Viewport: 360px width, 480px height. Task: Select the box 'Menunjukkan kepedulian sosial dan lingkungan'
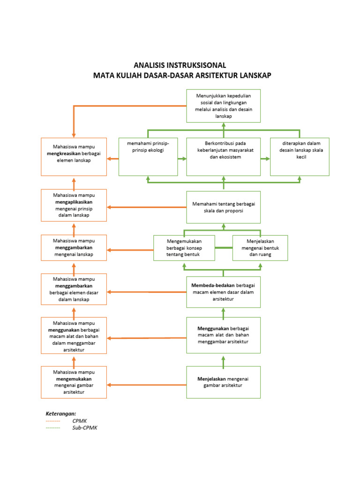click(223, 106)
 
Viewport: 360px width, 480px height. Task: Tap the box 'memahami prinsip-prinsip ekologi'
click(148, 157)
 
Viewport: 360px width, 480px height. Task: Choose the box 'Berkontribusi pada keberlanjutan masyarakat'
click(223, 157)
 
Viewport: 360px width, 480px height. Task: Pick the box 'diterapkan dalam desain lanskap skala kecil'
click(300, 157)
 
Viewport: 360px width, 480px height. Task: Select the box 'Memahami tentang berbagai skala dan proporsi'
click(223, 207)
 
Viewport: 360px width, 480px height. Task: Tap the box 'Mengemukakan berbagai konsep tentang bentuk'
click(184, 248)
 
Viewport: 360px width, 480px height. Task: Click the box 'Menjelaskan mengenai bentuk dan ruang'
click(260, 248)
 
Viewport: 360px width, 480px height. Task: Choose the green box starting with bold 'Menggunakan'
click(223, 335)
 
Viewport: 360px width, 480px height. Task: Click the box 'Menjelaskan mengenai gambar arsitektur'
click(223, 382)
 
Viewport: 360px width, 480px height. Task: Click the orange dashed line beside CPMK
click(52, 421)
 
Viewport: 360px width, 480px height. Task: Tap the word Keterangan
click(60, 413)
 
